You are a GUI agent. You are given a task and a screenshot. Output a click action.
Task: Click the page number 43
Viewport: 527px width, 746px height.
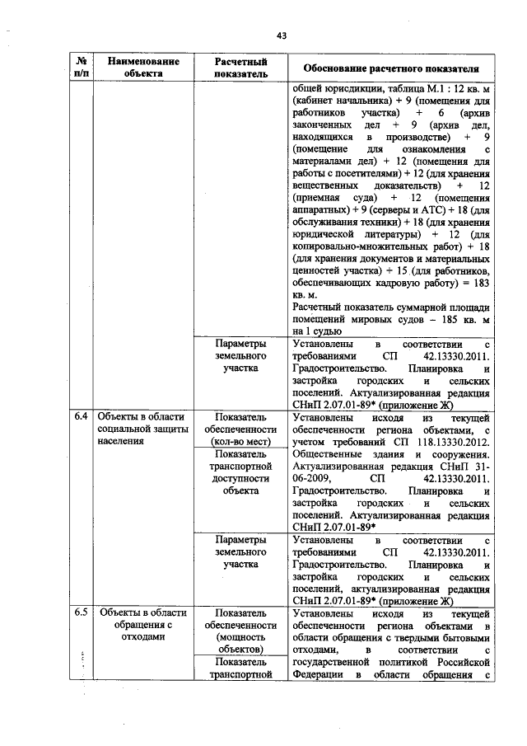[281, 35]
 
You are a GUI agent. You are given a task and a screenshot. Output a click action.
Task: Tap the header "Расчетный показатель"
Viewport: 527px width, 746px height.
[240, 67]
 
